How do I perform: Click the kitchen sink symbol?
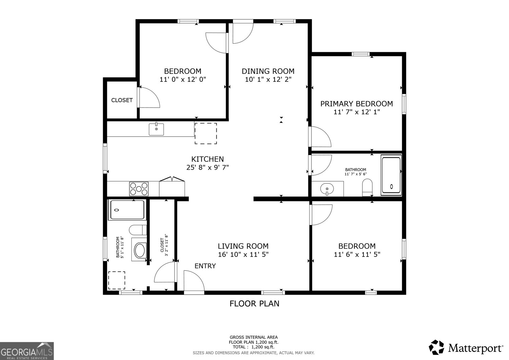[x=156, y=129]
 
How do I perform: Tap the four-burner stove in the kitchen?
[x=139, y=188]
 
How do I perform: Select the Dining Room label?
[x=268, y=71]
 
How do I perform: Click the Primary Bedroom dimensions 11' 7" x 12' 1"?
[x=356, y=112]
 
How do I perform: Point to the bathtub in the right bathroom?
[x=391, y=175]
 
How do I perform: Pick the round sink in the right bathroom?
[x=327, y=189]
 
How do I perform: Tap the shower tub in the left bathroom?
[x=127, y=210]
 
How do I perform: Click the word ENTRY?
[x=205, y=266]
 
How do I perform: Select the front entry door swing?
[x=193, y=281]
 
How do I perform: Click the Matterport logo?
[x=466, y=348]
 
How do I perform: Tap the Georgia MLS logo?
[x=27, y=351]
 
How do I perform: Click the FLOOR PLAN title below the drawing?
[x=254, y=304]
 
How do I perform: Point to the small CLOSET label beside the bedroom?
[x=122, y=100]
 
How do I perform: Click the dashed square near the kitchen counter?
[x=206, y=133]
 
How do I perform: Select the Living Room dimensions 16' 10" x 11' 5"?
[x=243, y=254]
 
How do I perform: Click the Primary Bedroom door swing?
[x=320, y=137]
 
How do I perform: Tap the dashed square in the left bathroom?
[x=116, y=280]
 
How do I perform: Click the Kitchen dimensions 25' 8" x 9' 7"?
[x=207, y=167]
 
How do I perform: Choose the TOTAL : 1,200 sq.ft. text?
[x=254, y=347]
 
